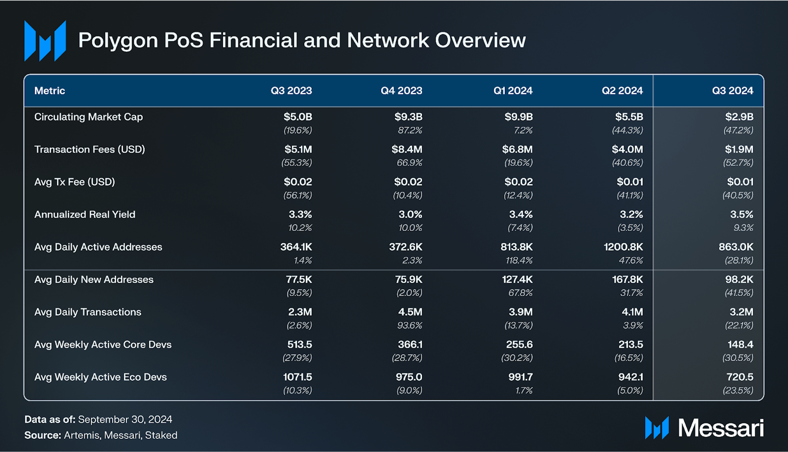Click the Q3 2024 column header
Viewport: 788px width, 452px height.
[732, 91]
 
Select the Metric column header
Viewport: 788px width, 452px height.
[50, 91]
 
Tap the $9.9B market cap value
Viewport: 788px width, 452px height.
[518, 117]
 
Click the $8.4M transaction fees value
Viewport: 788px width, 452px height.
[407, 149]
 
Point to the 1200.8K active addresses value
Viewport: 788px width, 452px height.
[623, 247]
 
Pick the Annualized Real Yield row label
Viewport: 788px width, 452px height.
[85, 215]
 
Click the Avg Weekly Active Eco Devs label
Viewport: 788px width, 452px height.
[100, 377]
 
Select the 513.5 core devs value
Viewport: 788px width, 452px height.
[299, 345]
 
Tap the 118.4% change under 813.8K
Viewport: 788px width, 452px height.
[519, 261]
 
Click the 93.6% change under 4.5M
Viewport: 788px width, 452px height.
[409, 325]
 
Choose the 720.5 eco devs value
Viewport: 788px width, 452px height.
[739, 377]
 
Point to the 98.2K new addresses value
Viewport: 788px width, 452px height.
[739, 280]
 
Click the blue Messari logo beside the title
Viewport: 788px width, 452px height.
[45, 40]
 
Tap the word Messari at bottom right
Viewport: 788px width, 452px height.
[721, 428]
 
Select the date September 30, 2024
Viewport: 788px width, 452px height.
[125, 420]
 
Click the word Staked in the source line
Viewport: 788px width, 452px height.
[161, 435]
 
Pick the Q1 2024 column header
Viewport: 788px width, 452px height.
[513, 91]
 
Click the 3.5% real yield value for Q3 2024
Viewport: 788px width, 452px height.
[741, 215]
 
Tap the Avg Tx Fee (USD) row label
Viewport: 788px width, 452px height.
[75, 182]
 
